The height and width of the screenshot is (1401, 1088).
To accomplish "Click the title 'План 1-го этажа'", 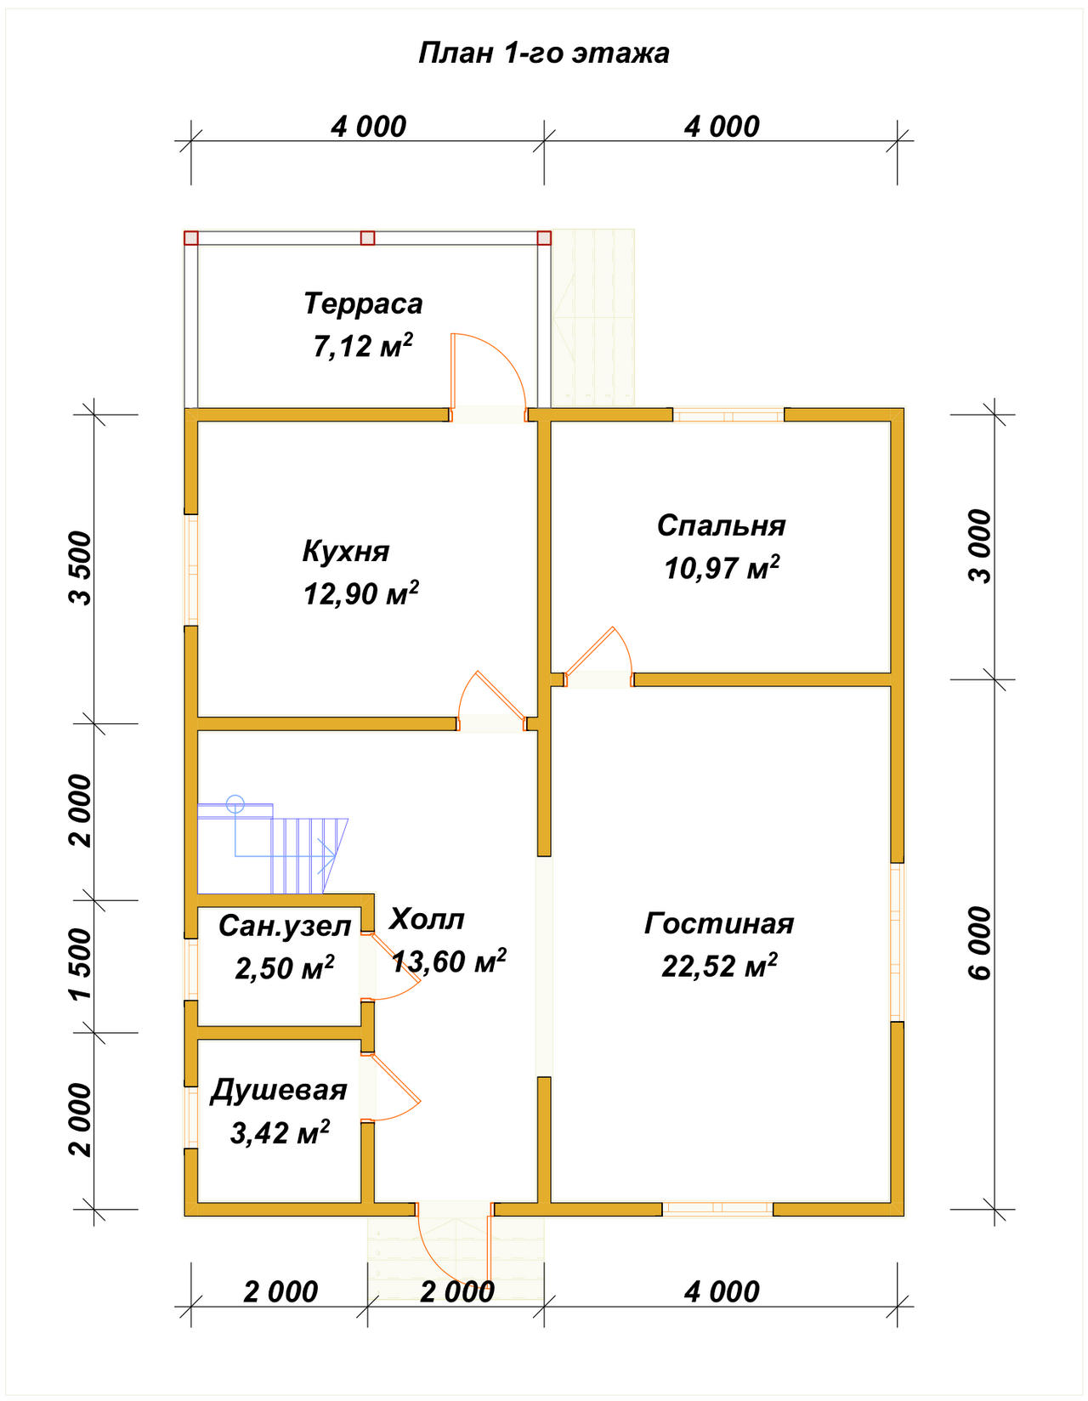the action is [543, 53].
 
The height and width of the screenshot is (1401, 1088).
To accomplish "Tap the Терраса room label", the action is [363, 303].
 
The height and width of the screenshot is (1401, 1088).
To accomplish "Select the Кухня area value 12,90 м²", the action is [361, 593].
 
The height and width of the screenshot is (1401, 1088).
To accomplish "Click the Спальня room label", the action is [722, 526].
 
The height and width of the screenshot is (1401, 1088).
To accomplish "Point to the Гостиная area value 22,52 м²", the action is [719, 965].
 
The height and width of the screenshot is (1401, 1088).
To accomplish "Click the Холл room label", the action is [426, 919].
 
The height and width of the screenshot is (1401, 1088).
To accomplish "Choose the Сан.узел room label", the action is [284, 927].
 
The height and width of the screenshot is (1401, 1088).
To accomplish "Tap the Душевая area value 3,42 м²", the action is [280, 1132].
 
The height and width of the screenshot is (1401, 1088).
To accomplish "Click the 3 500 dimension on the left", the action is [82, 567].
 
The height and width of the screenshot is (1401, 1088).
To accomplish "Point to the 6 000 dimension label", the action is [980, 944].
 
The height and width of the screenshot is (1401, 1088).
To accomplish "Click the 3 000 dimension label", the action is [980, 546].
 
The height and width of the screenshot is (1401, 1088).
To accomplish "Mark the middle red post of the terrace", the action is [367, 238].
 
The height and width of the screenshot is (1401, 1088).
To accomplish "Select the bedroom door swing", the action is [598, 649].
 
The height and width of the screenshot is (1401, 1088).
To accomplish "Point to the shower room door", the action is [391, 1087].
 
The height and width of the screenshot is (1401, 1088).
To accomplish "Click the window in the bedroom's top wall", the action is [728, 415].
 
